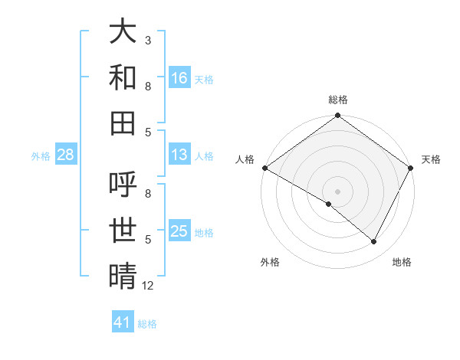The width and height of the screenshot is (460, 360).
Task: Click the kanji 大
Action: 123,32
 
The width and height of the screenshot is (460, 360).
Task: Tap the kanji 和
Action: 123,77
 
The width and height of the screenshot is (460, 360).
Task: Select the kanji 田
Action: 123,123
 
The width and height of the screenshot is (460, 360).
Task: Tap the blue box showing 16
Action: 179,77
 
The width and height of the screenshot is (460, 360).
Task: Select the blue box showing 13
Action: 179,155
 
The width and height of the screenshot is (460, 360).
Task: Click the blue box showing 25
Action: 179,231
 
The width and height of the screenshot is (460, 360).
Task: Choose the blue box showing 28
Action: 65,155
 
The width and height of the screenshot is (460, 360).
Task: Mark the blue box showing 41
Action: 123,322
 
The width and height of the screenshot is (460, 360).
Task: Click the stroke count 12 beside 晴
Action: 148,286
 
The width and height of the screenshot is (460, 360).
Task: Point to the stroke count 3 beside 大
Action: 147,40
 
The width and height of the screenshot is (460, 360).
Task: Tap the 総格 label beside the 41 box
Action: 147,324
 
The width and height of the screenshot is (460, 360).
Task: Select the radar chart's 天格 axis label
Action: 431,159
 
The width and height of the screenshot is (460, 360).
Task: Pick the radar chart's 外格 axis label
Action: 270,262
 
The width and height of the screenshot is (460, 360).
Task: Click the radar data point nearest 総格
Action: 337,117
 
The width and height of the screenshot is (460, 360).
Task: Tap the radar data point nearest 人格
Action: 264,168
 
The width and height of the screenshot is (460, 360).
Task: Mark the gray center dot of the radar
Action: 337,191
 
